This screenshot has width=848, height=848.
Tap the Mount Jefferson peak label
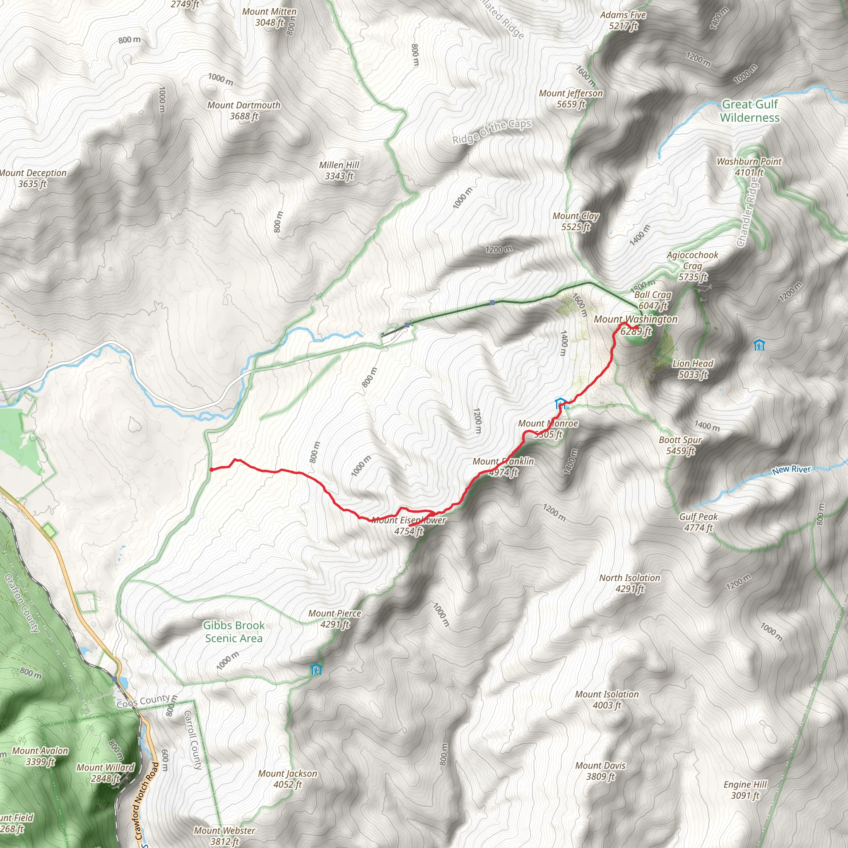click(x=571, y=98)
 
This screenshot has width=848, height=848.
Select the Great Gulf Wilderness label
click(x=750, y=111)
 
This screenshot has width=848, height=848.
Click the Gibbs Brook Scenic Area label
click(x=234, y=631)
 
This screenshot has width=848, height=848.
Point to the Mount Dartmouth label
click(x=243, y=111)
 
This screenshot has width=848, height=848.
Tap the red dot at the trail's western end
click(x=212, y=470)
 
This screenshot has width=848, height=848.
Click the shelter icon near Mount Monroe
click(x=560, y=403)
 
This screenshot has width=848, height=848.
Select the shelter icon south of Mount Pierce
click(x=316, y=670)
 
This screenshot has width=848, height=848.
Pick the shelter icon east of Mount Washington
click(x=759, y=345)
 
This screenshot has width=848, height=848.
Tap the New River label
click(x=791, y=470)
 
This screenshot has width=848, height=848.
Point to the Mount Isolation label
click(x=607, y=700)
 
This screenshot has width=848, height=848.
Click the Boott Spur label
click(x=680, y=445)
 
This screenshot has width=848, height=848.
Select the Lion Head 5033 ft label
click(x=693, y=369)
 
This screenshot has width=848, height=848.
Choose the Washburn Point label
click(x=749, y=167)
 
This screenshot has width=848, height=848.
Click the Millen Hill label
click(x=339, y=170)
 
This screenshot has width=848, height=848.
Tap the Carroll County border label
click(x=192, y=740)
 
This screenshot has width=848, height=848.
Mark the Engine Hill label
click(x=745, y=790)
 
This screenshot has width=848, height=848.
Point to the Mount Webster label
click(x=224, y=836)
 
